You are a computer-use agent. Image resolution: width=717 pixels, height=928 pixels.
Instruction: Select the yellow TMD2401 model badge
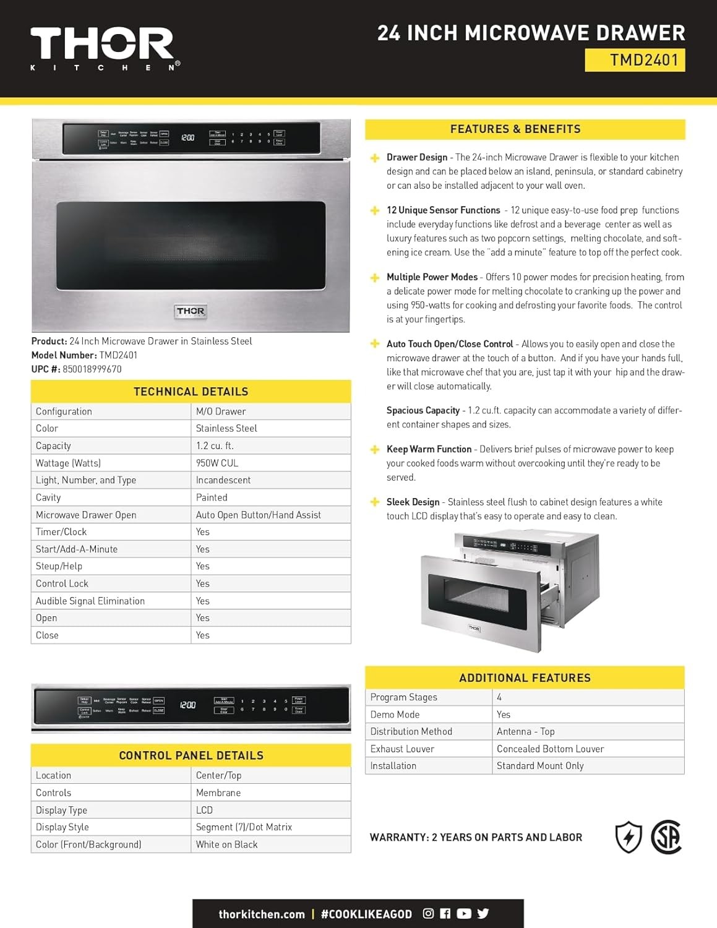tap(635, 60)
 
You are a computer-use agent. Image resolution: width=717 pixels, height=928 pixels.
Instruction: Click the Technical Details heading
tap(191, 392)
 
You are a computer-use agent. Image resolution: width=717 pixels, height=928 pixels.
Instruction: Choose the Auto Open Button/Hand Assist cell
tap(259, 515)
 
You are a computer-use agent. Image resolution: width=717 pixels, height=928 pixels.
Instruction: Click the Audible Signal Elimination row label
tap(90, 601)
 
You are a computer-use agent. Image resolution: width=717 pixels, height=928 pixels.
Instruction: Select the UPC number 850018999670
tap(92, 369)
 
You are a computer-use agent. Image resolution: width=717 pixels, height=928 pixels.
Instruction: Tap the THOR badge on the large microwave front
tap(191, 311)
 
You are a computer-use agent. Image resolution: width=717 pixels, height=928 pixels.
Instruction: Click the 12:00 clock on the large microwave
tap(187, 137)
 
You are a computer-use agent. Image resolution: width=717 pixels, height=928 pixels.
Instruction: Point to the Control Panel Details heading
tap(191, 755)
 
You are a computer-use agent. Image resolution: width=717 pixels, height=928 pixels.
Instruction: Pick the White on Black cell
tap(226, 844)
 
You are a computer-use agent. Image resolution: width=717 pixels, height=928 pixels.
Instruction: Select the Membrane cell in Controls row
tap(218, 793)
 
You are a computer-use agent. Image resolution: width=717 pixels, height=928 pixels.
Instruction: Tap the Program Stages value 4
tap(499, 697)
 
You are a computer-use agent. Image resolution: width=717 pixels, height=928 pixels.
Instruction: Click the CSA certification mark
tap(666, 837)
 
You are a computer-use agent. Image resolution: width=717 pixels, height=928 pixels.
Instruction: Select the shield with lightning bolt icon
tap(629, 837)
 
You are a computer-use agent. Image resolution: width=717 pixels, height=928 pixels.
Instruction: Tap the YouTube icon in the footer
tap(464, 914)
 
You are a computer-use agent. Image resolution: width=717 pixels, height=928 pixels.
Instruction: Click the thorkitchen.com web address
tap(262, 914)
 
